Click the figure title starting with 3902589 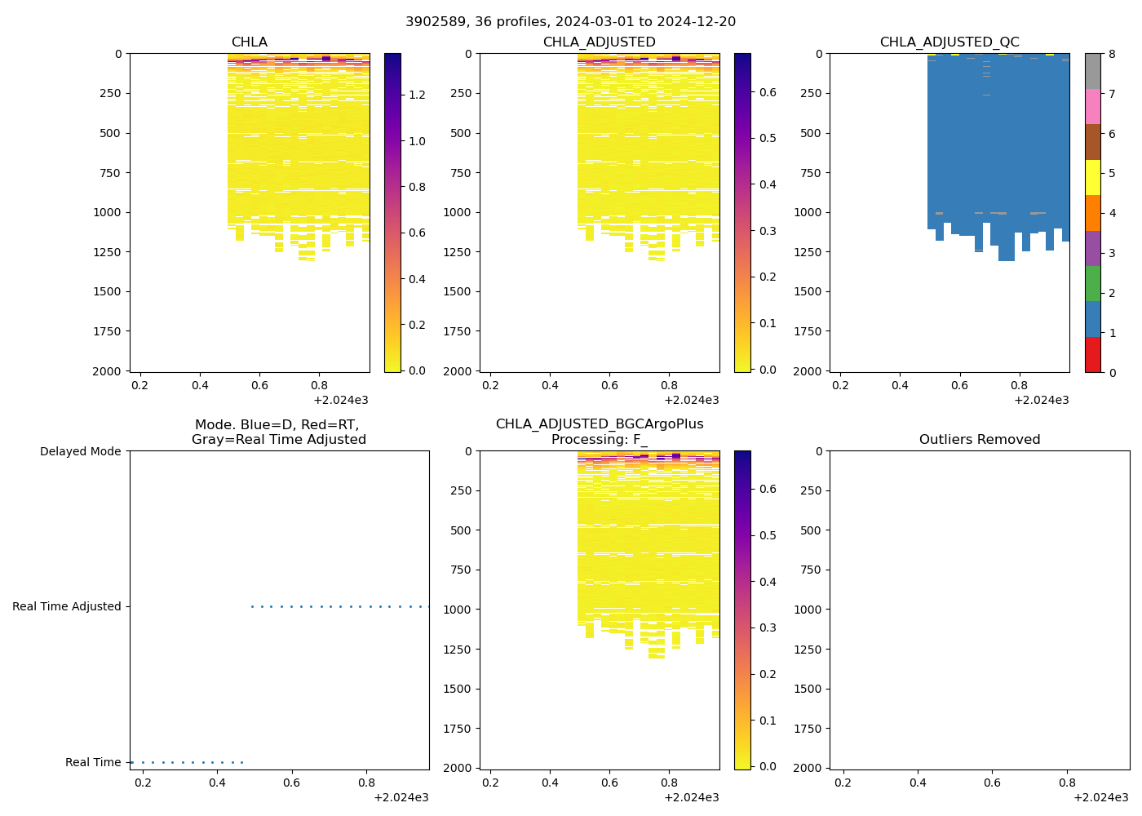pos(570,21)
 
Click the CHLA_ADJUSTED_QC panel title pos(949,42)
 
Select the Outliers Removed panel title pos(979,439)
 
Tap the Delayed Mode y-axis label pos(80,451)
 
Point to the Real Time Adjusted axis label pos(66,606)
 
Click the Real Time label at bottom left pos(93,762)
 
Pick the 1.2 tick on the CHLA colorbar pos(417,95)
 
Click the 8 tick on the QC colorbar pos(1112,54)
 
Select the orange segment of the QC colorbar pos(1093,213)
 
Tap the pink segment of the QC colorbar pos(1093,106)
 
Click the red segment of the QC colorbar pos(1093,355)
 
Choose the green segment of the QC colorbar pos(1093,284)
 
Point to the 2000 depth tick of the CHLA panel pos(108,370)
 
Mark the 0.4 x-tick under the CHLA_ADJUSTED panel pos(550,385)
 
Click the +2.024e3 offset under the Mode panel pos(401,797)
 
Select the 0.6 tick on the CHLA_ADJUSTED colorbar pos(768,92)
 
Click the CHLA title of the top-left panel pos(249,42)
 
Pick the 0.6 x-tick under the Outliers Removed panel pos(992,783)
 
